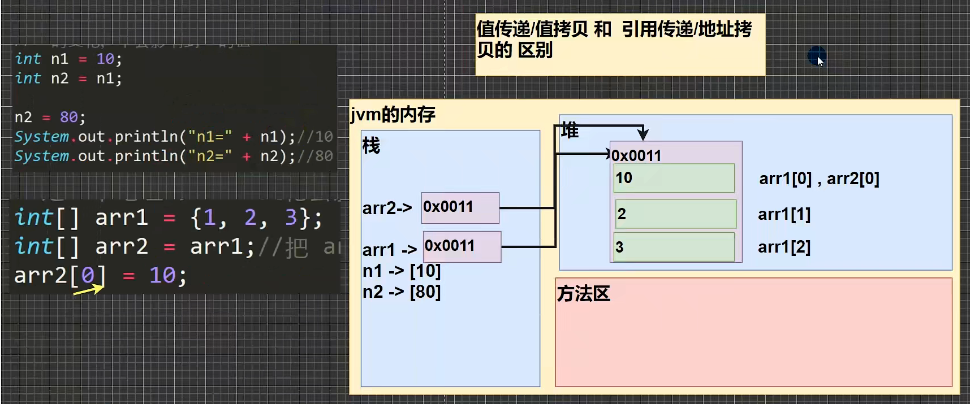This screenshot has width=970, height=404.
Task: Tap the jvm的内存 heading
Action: (393, 115)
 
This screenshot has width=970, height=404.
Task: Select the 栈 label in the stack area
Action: (371, 146)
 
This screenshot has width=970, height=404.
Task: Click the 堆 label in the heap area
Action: (570, 131)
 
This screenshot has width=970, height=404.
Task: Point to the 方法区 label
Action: (583, 294)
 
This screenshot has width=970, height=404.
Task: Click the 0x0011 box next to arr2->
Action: (460, 207)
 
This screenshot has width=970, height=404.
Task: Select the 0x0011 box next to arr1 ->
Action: (462, 246)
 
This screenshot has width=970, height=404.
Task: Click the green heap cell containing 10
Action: (674, 178)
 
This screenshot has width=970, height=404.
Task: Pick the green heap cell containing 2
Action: (675, 214)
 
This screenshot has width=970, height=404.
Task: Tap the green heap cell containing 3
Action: (674, 247)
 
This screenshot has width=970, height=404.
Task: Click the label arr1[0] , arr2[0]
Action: (818, 179)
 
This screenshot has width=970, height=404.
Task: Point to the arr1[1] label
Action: (784, 215)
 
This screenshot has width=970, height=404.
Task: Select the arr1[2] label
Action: (784, 247)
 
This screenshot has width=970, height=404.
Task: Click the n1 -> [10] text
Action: (402, 271)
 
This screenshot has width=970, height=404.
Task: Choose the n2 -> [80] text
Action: (402, 292)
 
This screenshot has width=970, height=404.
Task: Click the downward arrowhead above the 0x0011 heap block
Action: (643, 134)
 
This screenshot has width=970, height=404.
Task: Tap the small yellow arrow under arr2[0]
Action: (89, 290)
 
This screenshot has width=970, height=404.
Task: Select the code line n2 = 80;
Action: (50, 118)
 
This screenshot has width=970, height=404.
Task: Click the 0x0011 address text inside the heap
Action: (636, 155)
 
